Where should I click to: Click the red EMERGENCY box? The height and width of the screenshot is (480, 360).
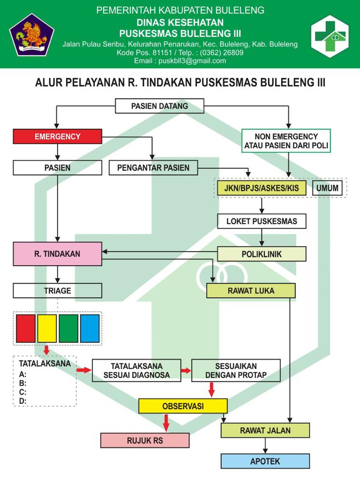(x=57, y=136)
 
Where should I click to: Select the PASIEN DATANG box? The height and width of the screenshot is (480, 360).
(x=159, y=106)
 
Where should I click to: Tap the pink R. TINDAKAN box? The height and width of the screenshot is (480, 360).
(x=57, y=254)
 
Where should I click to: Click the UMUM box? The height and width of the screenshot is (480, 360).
(x=327, y=188)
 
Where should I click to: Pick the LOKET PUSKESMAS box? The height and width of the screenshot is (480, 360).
(x=262, y=221)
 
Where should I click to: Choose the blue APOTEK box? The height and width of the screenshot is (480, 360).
(x=265, y=461)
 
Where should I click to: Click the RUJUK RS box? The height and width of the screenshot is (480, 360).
(x=145, y=441)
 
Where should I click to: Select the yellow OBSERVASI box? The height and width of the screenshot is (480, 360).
(x=183, y=406)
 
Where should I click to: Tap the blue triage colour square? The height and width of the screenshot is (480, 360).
(x=90, y=329)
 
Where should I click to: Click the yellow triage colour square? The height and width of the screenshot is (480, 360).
(x=47, y=329)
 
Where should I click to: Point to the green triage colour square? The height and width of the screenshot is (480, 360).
(x=68, y=329)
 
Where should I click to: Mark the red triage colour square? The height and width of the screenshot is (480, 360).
(x=25, y=329)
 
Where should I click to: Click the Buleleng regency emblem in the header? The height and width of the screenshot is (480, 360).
(x=32, y=34)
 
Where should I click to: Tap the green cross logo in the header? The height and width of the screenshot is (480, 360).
(x=330, y=36)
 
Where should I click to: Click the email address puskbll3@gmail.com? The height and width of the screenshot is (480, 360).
(x=192, y=61)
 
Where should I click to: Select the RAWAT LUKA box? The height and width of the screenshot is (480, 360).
(x=251, y=291)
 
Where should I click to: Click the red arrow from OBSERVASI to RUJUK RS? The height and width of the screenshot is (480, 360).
(x=166, y=423)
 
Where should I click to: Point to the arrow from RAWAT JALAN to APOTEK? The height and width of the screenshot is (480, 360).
(x=265, y=446)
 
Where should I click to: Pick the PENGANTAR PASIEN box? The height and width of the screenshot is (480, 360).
(x=153, y=168)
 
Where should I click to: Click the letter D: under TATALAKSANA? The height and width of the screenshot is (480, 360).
(x=22, y=401)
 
